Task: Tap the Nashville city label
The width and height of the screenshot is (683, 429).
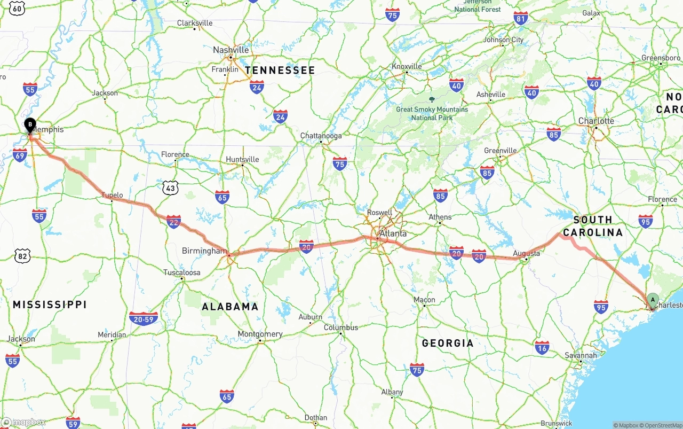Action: tap(231, 50)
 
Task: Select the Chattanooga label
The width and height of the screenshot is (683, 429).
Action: tap(321, 136)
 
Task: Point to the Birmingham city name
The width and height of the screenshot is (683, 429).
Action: tap(204, 251)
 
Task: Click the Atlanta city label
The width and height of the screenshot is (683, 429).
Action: tap(393, 233)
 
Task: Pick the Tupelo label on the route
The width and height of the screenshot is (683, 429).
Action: tap(113, 195)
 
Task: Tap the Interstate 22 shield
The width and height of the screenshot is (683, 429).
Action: tap(173, 221)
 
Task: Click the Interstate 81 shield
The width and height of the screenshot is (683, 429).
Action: tap(521, 18)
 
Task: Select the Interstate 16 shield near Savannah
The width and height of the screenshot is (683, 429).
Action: tap(542, 347)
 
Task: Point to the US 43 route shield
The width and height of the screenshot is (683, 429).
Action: tap(170, 188)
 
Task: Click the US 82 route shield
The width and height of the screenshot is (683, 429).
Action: tap(22, 256)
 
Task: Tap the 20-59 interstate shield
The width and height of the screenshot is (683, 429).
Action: tap(144, 318)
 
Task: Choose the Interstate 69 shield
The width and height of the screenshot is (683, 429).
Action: tap(20, 155)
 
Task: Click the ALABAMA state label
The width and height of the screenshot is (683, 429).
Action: tap(230, 307)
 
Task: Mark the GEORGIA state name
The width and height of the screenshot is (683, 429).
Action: tap(448, 343)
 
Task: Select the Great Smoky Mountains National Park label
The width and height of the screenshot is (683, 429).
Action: tap(432, 113)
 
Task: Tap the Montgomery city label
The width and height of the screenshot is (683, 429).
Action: tap(260, 334)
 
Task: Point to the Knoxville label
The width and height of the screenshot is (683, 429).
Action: tap(407, 67)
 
